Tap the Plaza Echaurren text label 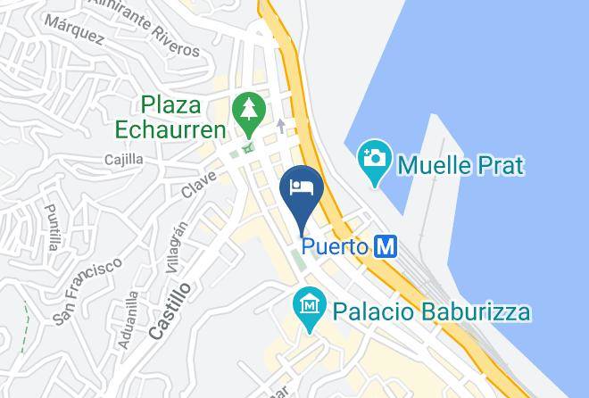pos(170,118)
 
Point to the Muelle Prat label pos(460,165)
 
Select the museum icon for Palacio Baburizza pos(310,306)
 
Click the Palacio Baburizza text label pos(432,312)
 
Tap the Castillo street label pos(170,311)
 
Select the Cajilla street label pos(123,160)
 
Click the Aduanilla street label pos(129,319)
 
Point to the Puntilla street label pos(53,227)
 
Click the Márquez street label pos(74,29)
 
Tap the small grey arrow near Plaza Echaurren pos(281,126)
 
